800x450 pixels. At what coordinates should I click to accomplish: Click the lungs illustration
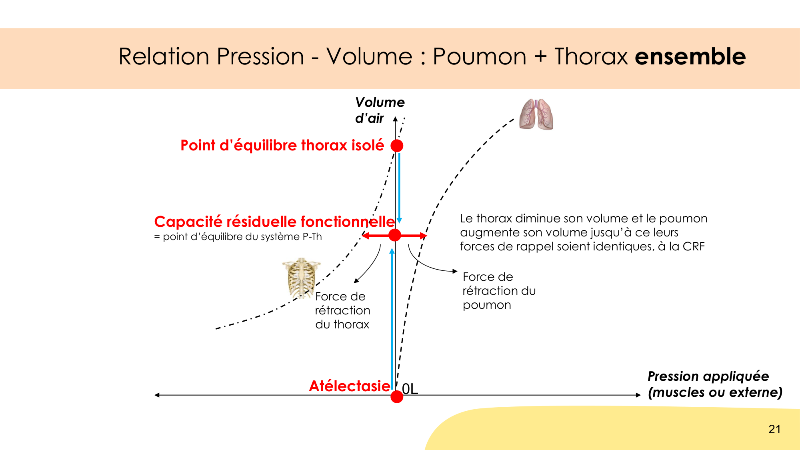[536, 114]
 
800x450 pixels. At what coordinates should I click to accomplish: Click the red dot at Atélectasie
[397, 397]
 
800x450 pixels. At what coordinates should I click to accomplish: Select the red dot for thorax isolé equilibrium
[397, 146]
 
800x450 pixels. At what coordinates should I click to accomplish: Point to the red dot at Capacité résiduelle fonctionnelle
[395, 235]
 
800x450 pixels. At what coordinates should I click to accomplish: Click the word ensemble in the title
[690, 56]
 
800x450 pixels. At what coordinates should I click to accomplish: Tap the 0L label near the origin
[410, 388]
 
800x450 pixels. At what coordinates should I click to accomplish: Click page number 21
[774, 429]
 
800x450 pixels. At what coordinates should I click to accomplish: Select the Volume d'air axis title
[380, 110]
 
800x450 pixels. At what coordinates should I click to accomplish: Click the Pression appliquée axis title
[715, 384]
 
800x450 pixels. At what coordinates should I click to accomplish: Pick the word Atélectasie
[350, 386]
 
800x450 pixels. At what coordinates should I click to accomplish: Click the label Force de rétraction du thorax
[342, 310]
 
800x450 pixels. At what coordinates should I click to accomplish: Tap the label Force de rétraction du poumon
[499, 291]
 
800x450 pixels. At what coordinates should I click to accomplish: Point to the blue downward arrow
[399, 188]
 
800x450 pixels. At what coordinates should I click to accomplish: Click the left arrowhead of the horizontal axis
[157, 395]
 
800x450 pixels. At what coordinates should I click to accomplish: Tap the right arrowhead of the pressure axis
[639, 395]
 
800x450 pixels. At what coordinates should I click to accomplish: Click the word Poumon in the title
[480, 56]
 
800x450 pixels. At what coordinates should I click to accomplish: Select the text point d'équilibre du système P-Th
[242, 237]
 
